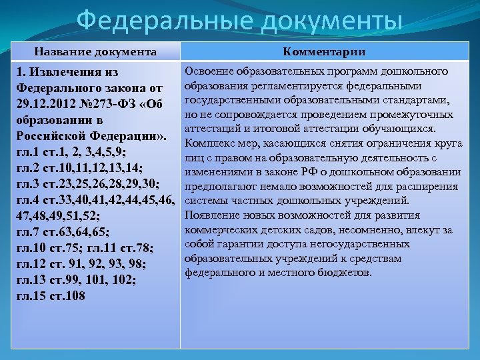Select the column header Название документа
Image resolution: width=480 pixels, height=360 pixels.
tap(96, 52)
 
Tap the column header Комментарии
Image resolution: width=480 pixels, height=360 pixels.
tap(324, 52)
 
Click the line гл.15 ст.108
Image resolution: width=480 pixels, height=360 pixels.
tap(49, 296)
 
